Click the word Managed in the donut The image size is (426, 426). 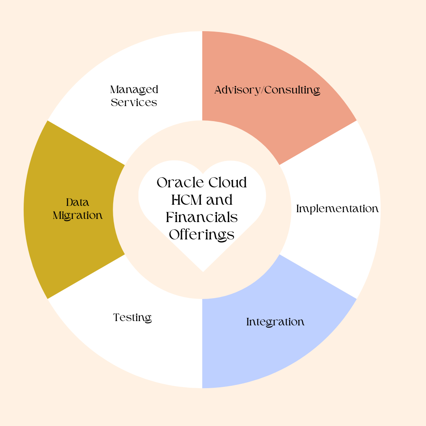pyautogui.click(x=134, y=90)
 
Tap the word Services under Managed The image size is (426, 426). pyautogui.click(x=134, y=103)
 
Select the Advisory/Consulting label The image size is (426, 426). pyautogui.click(x=267, y=90)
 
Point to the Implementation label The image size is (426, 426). pyautogui.click(x=337, y=209)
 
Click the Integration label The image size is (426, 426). pyautogui.click(x=275, y=322)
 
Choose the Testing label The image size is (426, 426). pyautogui.click(x=133, y=318)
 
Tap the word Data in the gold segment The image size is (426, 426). pyautogui.click(x=78, y=203)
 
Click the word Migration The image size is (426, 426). pyautogui.click(x=78, y=216)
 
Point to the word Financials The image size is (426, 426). pyautogui.click(x=202, y=217)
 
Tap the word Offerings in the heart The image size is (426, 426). pyautogui.click(x=202, y=235)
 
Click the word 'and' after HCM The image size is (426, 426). pyautogui.click(x=219, y=200)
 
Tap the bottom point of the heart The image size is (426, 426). pyautogui.click(x=203, y=271)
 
